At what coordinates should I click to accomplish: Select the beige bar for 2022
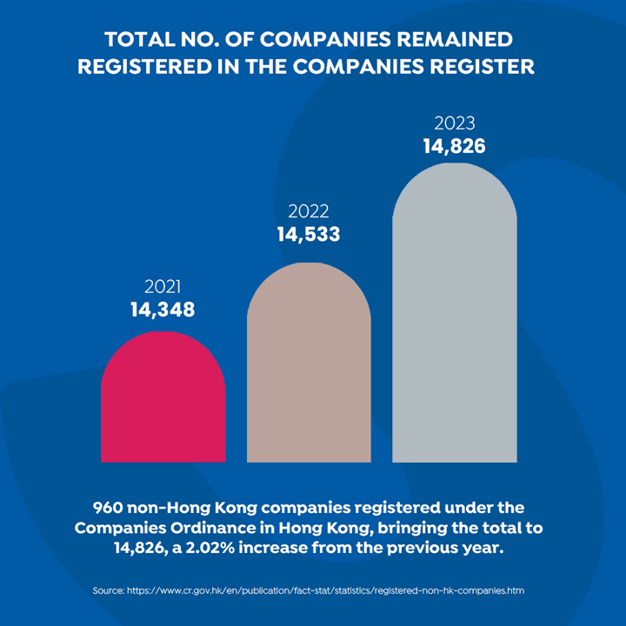(x=309, y=365)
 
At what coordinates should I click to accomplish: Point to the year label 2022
(x=309, y=212)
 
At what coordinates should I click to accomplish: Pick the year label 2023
(x=455, y=123)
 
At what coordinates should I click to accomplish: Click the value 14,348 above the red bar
(x=163, y=310)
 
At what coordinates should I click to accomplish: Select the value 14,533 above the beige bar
(x=309, y=234)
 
